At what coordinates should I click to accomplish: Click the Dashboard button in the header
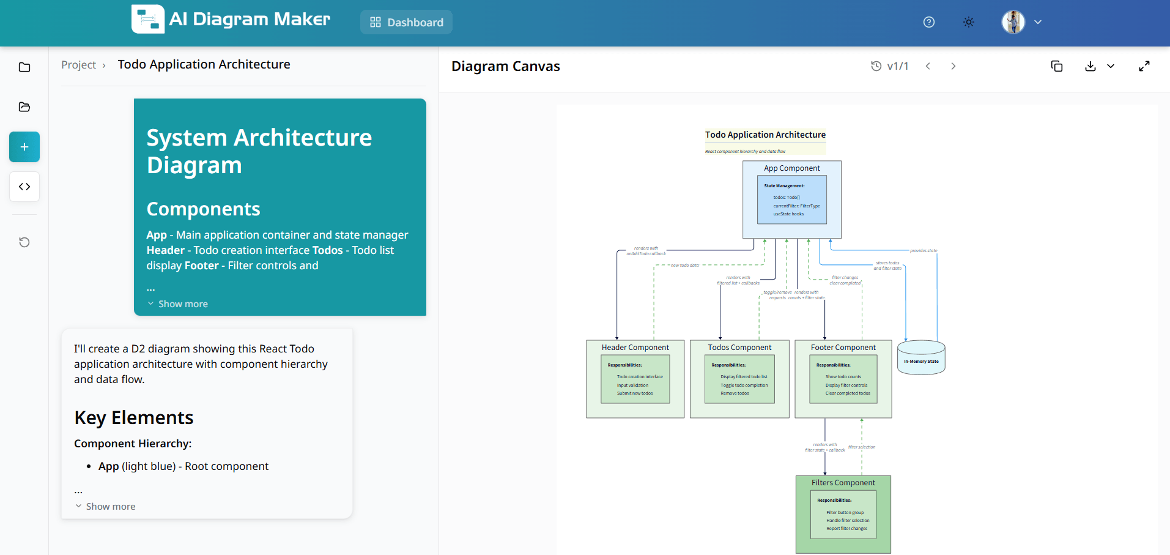(x=406, y=22)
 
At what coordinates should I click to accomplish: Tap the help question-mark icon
(x=928, y=22)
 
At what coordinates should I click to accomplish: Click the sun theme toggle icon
(x=969, y=22)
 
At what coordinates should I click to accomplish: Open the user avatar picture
(x=1013, y=22)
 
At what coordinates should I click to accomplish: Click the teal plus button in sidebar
(x=24, y=147)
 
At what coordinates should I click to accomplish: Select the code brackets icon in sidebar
(x=24, y=187)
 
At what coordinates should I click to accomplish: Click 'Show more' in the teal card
(x=183, y=304)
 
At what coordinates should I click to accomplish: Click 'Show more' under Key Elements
(x=110, y=506)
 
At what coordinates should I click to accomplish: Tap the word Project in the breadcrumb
(x=78, y=65)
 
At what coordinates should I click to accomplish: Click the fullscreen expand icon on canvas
(x=1144, y=66)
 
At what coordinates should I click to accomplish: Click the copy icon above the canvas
(x=1056, y=66)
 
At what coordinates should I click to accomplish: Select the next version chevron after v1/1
(x=953, y=66)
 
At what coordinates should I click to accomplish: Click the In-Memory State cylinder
(x=921, y=359)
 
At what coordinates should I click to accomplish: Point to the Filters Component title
(x=843, y=483)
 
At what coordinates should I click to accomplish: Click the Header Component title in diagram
(x=635, y=348)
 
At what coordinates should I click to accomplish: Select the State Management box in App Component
(x=791, y=200)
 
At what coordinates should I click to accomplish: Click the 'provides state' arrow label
(x=923, y=251)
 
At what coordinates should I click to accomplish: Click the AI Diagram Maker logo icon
(x=147, y=20)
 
